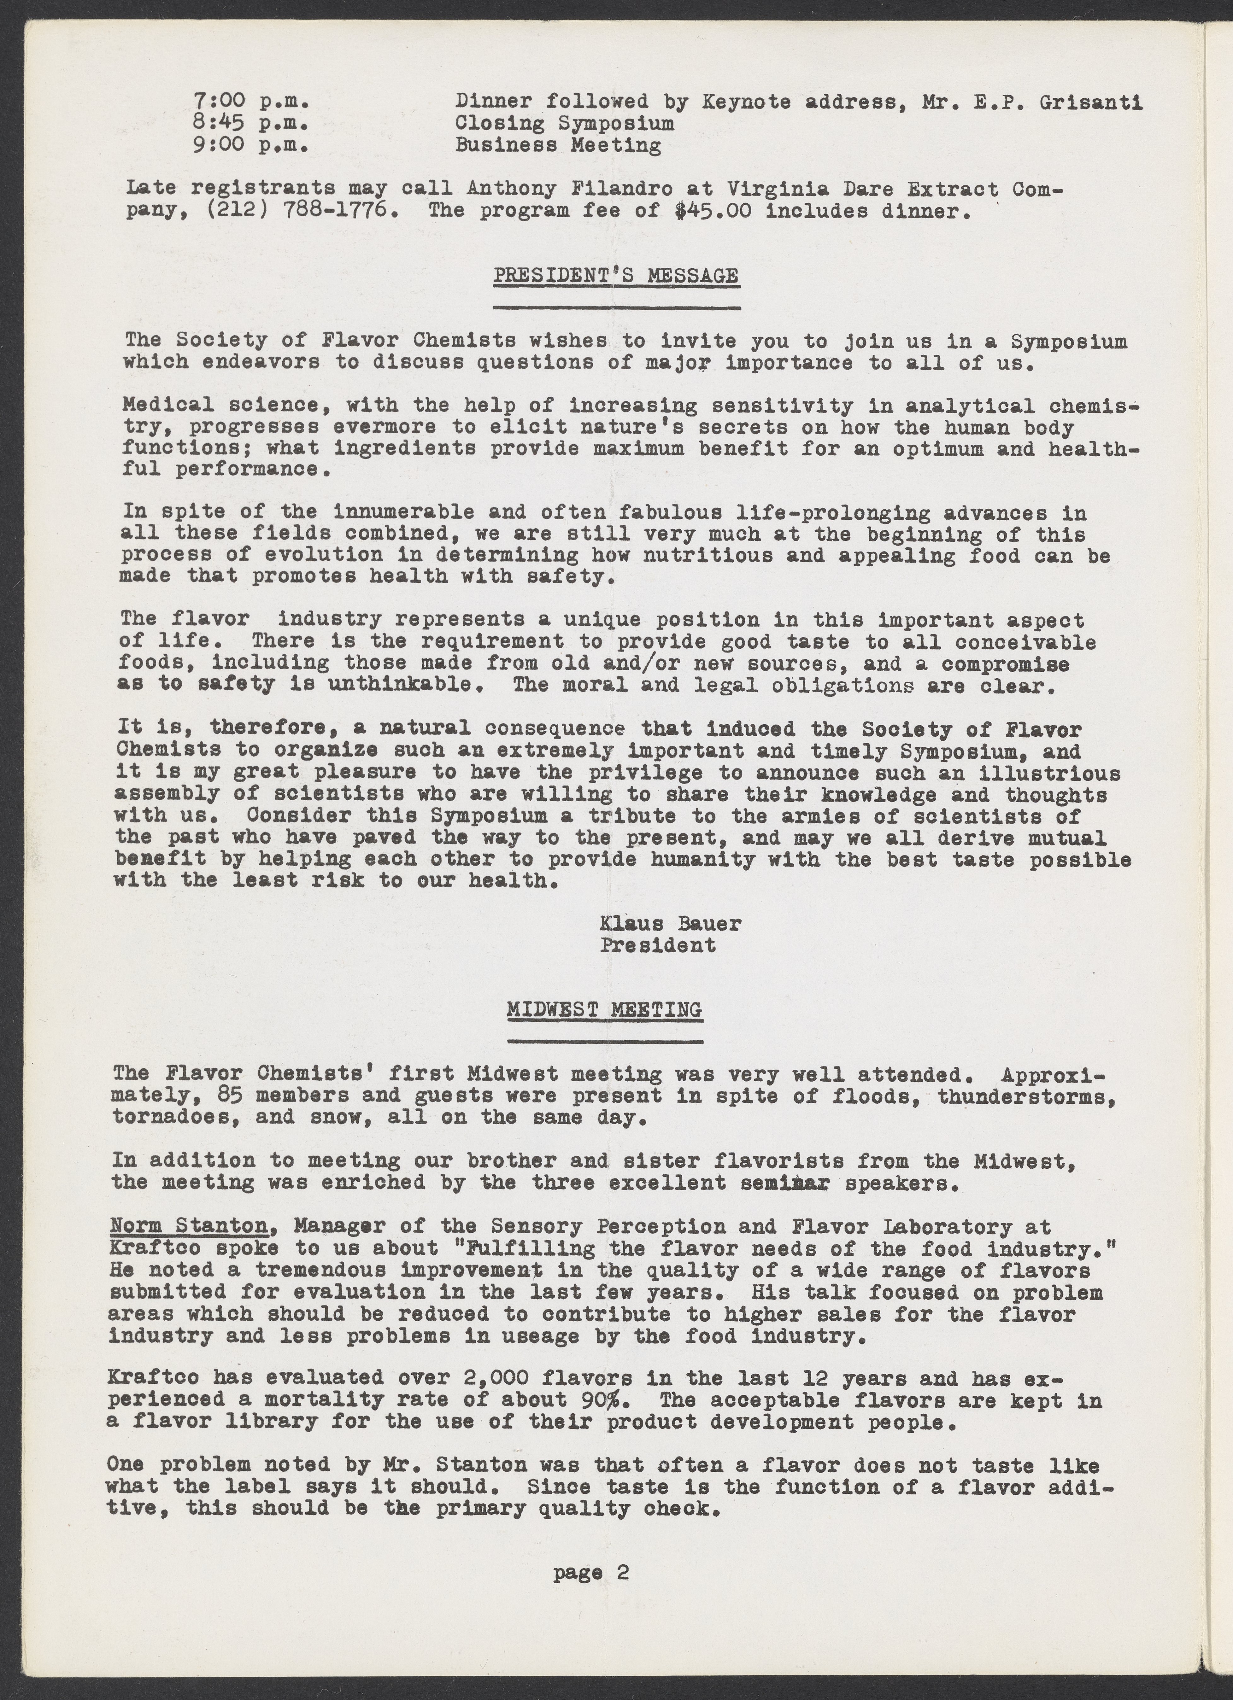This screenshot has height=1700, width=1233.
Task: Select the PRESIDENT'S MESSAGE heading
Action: click(616, 276)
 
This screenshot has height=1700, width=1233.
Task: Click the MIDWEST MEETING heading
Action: click(604, 1009)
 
